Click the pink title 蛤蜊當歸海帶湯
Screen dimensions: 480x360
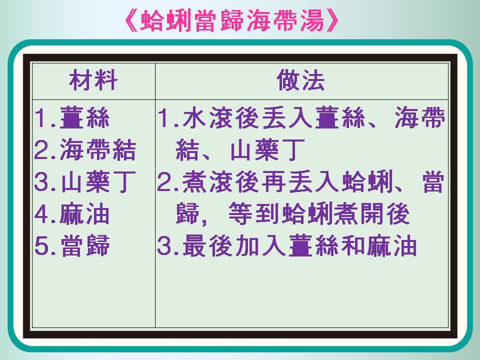[x=232, y=21]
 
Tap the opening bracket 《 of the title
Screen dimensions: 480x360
[x=131, y=21]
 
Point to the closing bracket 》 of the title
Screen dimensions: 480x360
[x=333, y=21]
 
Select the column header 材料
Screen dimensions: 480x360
[x=93, y=80]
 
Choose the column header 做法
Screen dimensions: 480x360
[x=301, y=80]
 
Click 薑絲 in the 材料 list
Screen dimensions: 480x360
[x=84, y=117]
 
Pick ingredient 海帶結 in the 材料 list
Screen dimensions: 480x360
[x=97, y=149]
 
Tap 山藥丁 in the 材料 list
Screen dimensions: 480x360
[x=98, y=182]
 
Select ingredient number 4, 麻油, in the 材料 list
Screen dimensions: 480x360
[x=84, y=214]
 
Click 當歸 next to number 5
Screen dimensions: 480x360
[x=85, y=246]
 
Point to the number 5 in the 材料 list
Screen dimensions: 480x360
[x=41, y=246]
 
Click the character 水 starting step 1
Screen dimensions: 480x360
[x=194, y=117]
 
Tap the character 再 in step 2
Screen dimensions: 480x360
[x=274, y=182]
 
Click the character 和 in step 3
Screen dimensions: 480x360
[x=353, y=246]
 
